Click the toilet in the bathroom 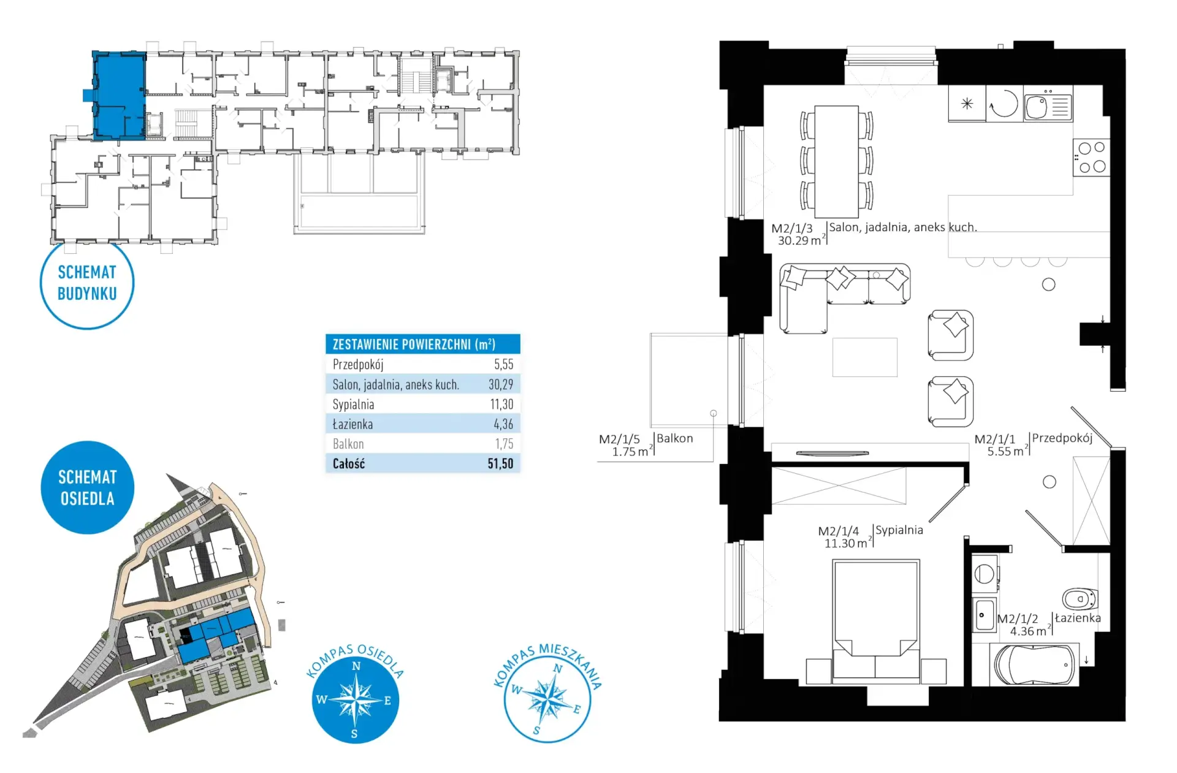click(1080, 598)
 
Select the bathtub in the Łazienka click(1034, 664)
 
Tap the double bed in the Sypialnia click(875, 621)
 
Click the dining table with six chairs click(836, 161)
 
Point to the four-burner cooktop click(1091, 157)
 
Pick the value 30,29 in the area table click(501, 384)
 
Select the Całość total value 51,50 click(500, 463)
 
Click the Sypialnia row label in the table click(353, 405)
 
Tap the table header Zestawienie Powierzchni click(414, 345)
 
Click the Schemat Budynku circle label click(87, 283)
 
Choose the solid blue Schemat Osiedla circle click(88, 487)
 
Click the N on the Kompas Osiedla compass click(356, 666)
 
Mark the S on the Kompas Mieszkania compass click(536, 730)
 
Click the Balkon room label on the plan click(675, 438)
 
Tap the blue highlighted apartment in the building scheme click(119, 95)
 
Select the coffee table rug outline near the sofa click(865, 357)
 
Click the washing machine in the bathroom click(985, 574)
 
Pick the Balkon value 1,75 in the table click(504, 444)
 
